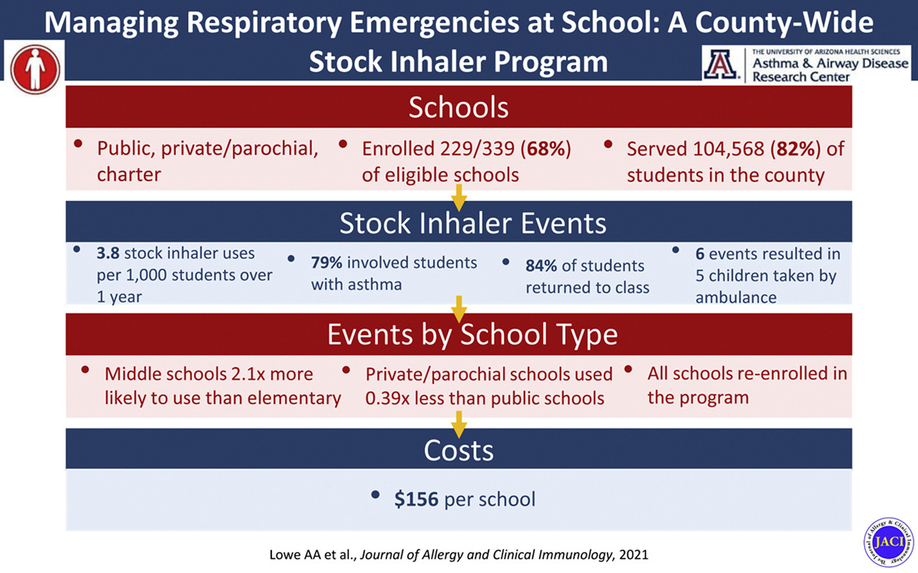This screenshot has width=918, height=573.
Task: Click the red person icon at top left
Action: pyautogui.click(x=35, y=69)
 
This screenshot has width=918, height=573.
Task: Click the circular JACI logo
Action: pyautogui.click(x=888, y=541)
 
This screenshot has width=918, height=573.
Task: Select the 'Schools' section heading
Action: pyautogui.click(x=458, y=107)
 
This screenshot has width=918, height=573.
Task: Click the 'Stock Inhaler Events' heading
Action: pyautogui.click(x=473, y=223)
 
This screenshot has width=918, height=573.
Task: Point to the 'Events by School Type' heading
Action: pyautogui.click(x=472, y=334)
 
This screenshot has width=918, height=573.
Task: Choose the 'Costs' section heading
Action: pyautogui.click(x=458, y=450)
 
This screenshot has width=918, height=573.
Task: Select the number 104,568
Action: pyautogui.click(x=728, y=149)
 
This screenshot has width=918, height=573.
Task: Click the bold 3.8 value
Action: pyautogui.click(x=107, y=254)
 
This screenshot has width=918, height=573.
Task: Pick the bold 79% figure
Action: pyautogui.click(x=326, y=263)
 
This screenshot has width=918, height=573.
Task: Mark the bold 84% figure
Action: pyautogui.click(x=541, y=266)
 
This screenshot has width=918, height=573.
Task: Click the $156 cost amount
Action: pyautogui.click(x=416, y=499)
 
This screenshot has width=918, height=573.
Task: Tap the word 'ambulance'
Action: pyautogui.click(x=735, y=297)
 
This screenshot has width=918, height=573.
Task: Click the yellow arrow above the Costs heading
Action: pyautogui.click(x=459, y=424)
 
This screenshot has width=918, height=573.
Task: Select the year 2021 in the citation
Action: pyautogui.click(x=633, y=555)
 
